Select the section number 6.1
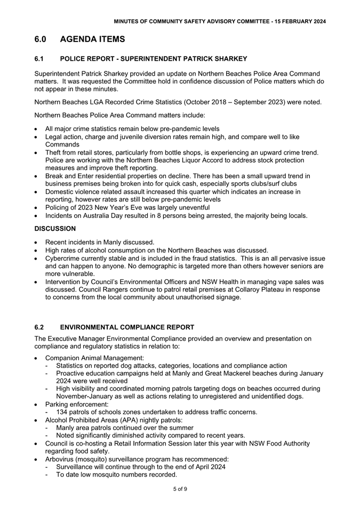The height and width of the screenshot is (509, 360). click(x=39, y=59)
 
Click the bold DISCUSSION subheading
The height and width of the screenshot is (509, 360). click(x=55, y=229)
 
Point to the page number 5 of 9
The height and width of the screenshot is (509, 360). click(x=180, y=489)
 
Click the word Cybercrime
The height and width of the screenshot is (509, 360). click(x=64, y=258)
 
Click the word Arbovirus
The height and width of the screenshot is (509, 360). click(x=62, y=459)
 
